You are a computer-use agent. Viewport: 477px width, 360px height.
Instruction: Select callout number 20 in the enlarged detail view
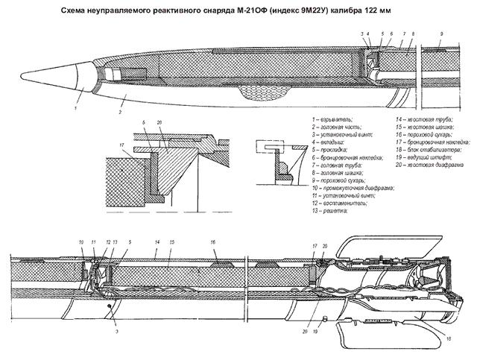159,122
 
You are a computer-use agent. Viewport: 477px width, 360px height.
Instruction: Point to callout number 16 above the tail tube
213,243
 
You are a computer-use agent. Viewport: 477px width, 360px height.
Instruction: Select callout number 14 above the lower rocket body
157,243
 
